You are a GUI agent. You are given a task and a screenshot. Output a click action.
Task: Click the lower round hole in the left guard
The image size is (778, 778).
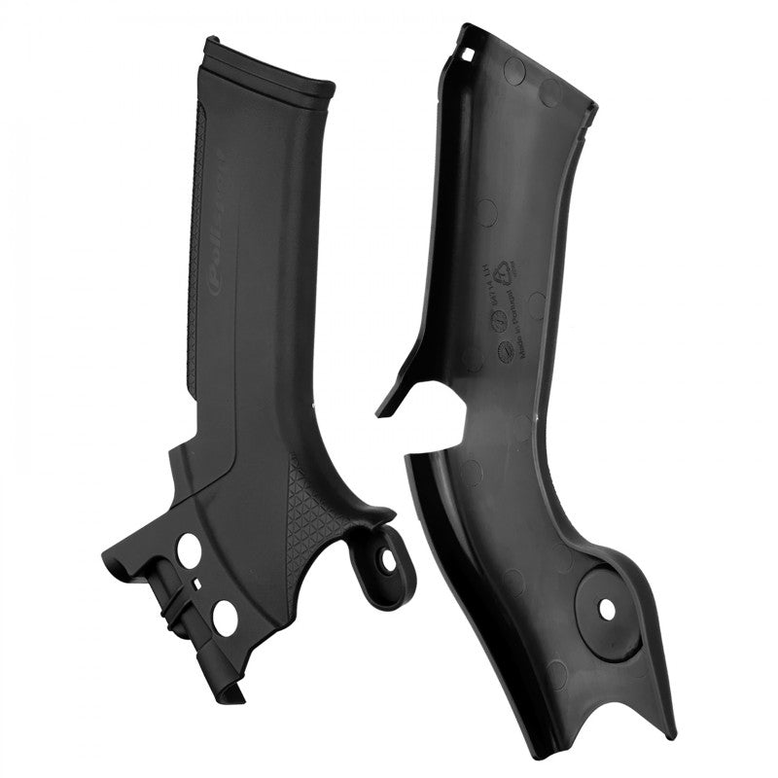pos(225,618)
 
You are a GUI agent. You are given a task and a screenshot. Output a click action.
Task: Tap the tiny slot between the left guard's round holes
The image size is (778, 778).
pos(197,583)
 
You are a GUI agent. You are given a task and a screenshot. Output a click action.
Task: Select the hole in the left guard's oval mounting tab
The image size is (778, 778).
pos(389,561)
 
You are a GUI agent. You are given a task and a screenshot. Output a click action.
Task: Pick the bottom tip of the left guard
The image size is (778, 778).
pos(233,692)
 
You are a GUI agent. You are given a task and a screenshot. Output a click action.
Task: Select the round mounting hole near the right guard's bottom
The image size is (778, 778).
pos(607,609)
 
